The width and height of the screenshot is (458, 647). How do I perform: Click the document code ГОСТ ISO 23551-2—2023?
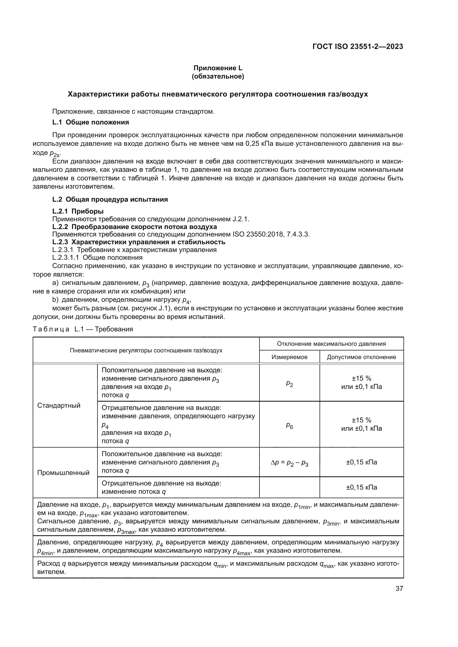coord(357,46)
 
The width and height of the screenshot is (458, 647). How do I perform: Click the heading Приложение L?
coord(218,68)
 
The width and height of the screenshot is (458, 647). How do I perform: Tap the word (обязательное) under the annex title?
coord(218,76)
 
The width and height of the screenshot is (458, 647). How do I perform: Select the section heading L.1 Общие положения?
coord(91,122)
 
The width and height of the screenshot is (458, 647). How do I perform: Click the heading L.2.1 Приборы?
coord(78,211)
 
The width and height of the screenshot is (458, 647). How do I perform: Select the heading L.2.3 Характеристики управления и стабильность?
coord(139,242)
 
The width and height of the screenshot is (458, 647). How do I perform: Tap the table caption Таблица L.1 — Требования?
coord(83,329)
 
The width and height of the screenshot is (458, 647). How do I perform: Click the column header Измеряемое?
coord(289,357)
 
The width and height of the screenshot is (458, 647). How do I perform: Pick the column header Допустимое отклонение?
coord(361,357)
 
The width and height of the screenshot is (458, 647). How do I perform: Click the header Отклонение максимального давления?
coord(331,344)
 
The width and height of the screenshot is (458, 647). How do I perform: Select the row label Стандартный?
coord(59,406)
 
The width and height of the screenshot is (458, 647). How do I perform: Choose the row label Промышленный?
coord(63,472)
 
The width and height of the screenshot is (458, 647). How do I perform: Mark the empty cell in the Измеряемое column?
coord(289,487)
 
